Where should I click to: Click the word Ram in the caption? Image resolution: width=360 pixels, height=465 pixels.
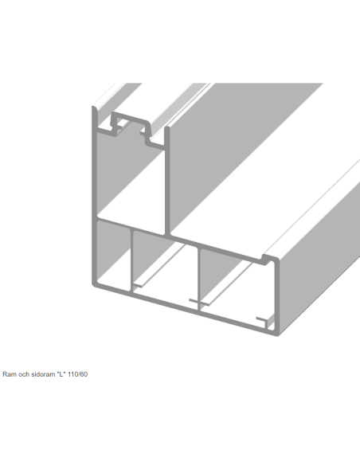coord(10,374)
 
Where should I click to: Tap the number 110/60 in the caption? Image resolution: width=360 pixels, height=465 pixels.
coord(78,374)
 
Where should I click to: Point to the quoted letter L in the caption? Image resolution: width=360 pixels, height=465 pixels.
coord(61,374)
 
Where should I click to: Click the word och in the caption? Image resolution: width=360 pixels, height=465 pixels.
coord(24,374)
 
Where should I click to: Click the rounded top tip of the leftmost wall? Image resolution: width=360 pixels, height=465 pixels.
coord(94,107)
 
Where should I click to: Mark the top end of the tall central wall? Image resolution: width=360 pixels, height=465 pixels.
coord(167,128)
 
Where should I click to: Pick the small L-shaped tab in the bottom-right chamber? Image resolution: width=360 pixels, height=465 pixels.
coord(264,322)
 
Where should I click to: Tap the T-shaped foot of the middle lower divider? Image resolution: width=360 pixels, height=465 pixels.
coord(199,303)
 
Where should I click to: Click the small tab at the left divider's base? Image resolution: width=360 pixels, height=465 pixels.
coord(137,286)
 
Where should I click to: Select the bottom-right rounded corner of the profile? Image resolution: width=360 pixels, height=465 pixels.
coord(277,334)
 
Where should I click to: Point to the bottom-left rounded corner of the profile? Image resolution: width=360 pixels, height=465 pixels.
coord(95,284)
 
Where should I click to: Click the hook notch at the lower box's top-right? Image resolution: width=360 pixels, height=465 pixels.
coord(267,260)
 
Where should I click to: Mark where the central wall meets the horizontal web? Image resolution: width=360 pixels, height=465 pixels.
coord(167,235)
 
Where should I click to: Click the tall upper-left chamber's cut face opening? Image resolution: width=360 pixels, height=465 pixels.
coord(131,181)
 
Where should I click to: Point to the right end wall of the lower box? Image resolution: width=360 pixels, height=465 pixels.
coord(277,295)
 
